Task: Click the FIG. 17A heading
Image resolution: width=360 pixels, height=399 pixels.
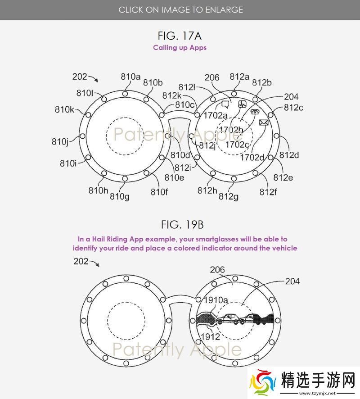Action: pyautogui.click(x=180, y=36)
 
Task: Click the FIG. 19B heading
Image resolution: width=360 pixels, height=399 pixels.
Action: pyautogui.click(x=182, y=225)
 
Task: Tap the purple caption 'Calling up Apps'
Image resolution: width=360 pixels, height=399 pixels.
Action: pyautogui.click(x=180, y=48)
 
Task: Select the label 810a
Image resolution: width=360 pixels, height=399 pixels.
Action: pyautogui.click(x=130, y=77)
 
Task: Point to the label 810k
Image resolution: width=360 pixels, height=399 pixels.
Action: pyautogui.click(x=65, y=109)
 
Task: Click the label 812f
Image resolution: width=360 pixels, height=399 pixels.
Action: pyautogui.click(x=268, y=191)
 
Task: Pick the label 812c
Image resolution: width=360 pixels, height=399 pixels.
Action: pyautogui.click(x=293, y=107)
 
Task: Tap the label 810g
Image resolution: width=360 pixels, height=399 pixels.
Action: pyautogui.click(x=120, y=196)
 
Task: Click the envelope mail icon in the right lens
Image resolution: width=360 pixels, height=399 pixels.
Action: pyautogui.click(x=264, y=122)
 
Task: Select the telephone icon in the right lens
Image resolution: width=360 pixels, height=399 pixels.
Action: pyautogui.click(x=255, y=111)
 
